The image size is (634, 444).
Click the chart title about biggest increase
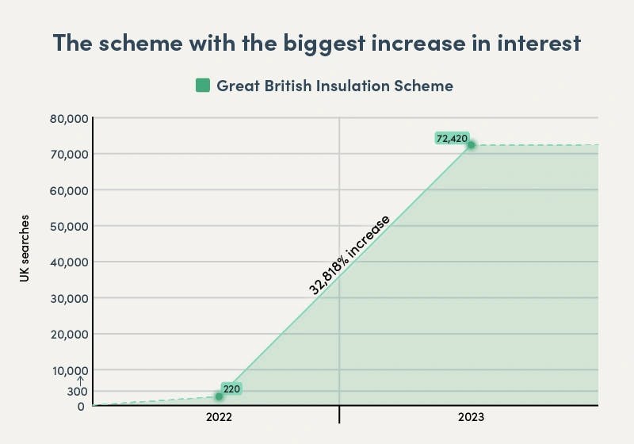point(316,44)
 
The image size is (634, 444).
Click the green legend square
point(203,85)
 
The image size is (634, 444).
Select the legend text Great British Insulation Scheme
point(334,86)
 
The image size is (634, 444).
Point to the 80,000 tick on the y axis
point(66,119)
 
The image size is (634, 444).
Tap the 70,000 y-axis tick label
point(66,154)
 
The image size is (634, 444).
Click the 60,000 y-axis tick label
point(66,190)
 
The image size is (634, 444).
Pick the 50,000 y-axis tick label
point(66,226)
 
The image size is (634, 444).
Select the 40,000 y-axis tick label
point(66,262)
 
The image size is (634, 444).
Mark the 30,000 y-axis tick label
point(66,298)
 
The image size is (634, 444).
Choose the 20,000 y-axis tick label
point(66,334)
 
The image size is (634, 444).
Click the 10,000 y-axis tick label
point(66,370)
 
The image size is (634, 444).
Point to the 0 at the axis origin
point(81,406)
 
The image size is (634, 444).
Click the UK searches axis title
point(25,248)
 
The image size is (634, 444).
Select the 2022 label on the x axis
point(219,417)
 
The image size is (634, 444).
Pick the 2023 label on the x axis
point(471,417)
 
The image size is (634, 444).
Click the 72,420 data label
point(452,138)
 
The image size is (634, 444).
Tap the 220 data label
point(231,388)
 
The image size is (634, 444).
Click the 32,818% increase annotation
point(349,255)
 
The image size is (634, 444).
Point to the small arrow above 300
point(80,379)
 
